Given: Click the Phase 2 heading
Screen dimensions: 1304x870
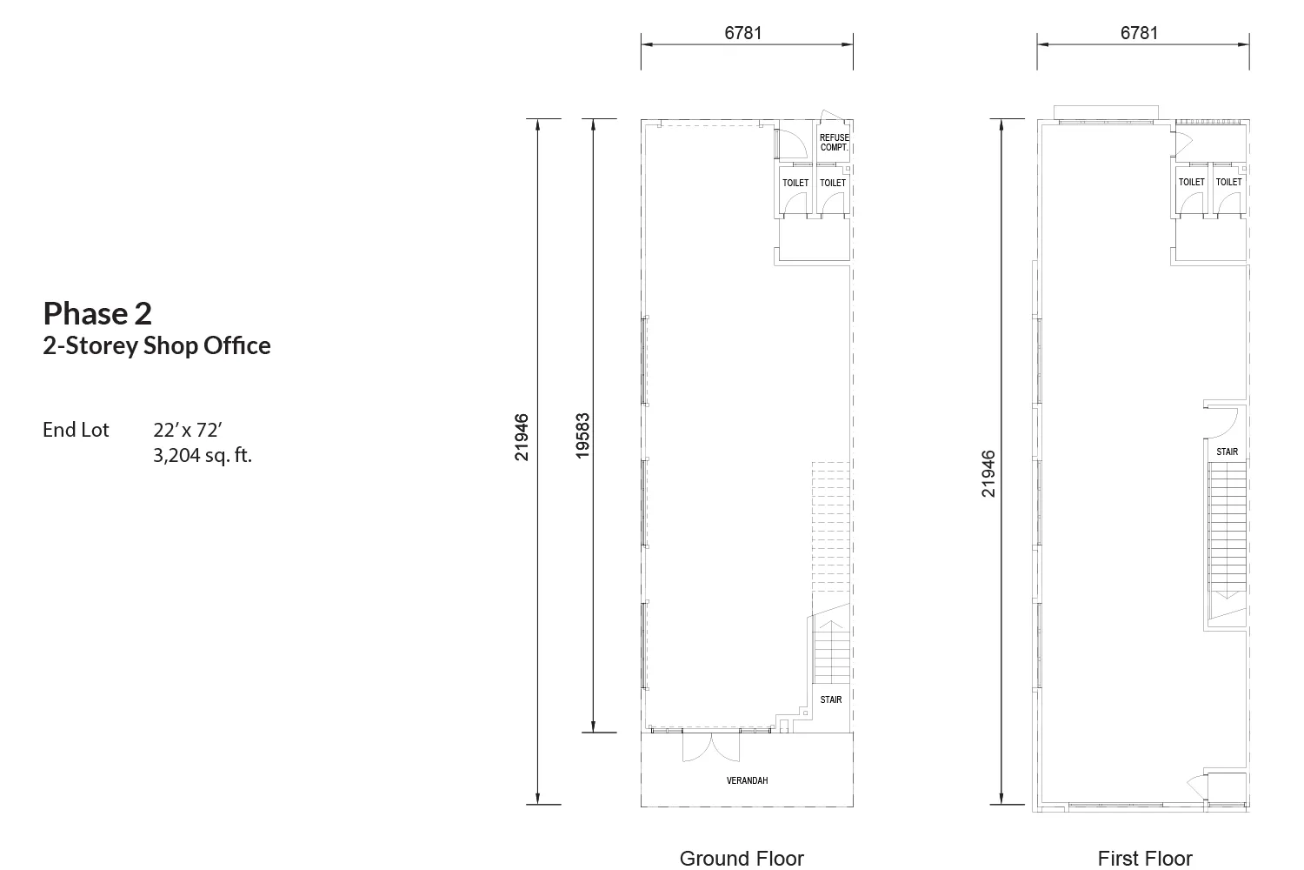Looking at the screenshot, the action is (x=97, y=313).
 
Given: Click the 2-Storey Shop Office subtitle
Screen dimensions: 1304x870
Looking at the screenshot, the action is (x=156, y=345).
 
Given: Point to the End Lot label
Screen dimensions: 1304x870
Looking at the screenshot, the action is (x=76, y=430).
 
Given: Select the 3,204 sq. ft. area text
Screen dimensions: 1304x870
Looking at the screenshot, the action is (x=203, y=454).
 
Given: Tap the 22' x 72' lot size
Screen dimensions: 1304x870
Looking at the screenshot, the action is (x=188, y=430).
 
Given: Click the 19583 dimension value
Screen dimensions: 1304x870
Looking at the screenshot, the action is (x=582, y=436).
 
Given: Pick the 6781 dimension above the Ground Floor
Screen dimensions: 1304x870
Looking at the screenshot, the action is (x=742, y=33).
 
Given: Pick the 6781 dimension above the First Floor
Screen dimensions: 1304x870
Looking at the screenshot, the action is (x=1139, y=33).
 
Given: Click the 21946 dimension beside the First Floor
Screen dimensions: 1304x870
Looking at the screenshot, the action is (x=988, y=474).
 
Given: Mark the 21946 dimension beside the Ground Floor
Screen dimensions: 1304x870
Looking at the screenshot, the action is (x=521, y=437).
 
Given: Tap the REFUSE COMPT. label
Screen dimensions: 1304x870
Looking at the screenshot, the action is (x=835, y=142).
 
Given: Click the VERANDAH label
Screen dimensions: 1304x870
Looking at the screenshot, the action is (x=747, y=780).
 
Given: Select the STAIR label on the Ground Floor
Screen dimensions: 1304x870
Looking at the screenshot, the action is (x=831, y=699).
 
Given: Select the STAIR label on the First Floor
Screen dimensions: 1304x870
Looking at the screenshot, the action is (x=1227, y=452).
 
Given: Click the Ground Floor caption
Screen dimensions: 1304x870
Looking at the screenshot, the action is (x=742, y=859).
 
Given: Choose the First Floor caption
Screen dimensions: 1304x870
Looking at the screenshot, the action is (x=1145, y=859).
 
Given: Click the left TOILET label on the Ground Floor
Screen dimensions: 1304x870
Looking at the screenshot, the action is (x=795, y=183).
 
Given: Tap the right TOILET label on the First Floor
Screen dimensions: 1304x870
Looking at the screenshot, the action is (x=1229, y=182).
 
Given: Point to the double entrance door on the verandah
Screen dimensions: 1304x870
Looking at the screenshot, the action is (x=711, y=747).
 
